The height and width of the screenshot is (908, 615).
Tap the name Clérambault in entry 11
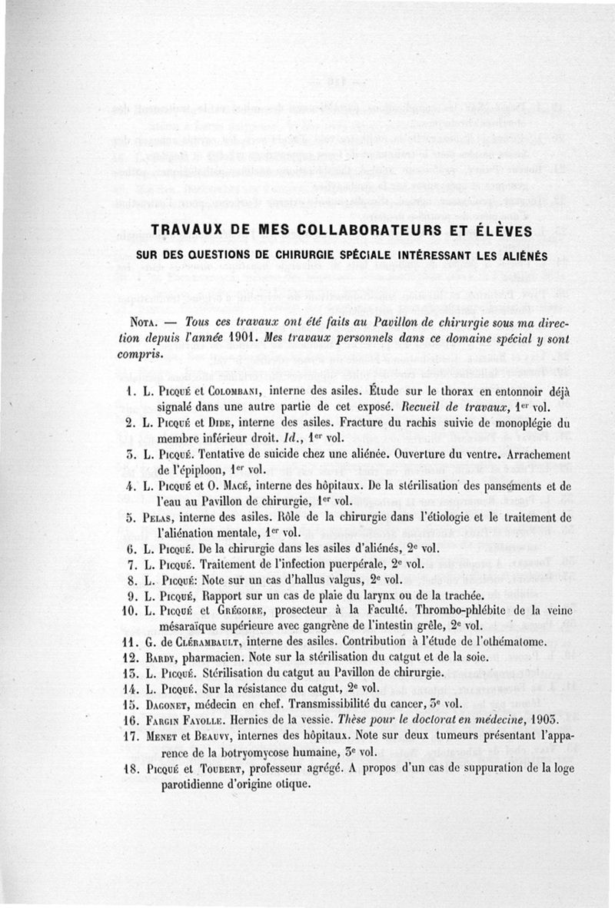coord(210,642)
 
